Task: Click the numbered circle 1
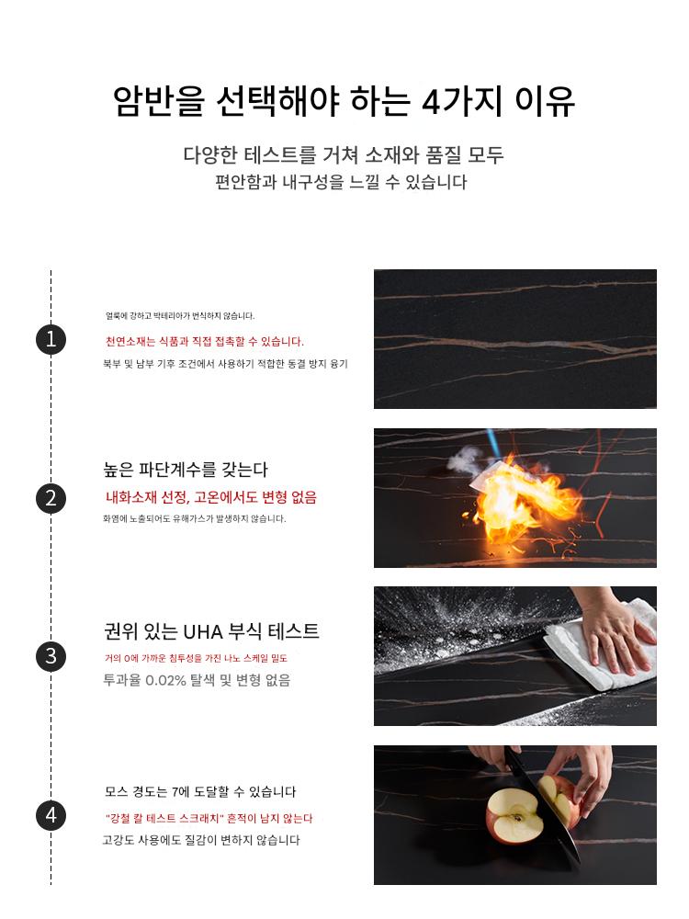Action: click(51, 339)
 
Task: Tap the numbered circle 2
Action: click(51, 498)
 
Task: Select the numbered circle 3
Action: click(51, 656)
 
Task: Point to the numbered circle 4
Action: click(51, 815)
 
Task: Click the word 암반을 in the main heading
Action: click(159, 101)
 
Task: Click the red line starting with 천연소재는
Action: click(205, 341)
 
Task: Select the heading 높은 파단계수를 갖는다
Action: click(186, 470)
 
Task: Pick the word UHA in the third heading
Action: click(203, 632)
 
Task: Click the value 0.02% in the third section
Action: click(165, 680)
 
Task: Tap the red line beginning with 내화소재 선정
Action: click(211, 497)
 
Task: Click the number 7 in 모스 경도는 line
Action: click(175, 792)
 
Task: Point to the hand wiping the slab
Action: click(612, 632)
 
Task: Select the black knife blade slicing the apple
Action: click(542, 809)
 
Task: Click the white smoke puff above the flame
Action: click(469, 460)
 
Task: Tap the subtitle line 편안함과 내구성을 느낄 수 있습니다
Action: click(341, 182)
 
